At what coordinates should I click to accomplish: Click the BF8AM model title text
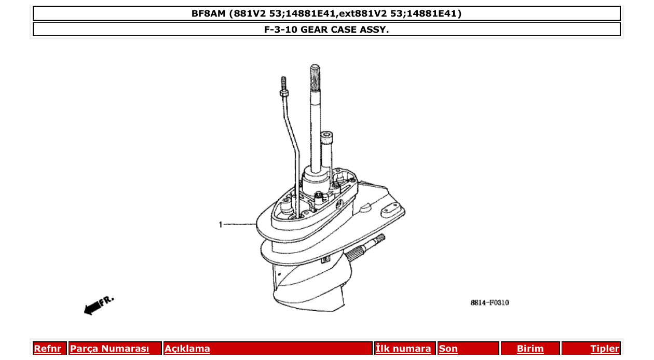(x=326, y=13)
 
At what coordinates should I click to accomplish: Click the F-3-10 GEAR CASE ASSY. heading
(x=326, y=29)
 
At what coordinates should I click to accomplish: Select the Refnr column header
(x=47, y=349)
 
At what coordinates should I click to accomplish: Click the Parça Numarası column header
(x=110, y=349)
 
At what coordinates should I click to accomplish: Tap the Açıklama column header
(x=187, y=349)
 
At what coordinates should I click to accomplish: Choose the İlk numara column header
(x=403, y=349)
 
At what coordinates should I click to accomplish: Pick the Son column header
(x=448, y=349)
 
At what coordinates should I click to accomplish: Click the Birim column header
(x=530, y=349)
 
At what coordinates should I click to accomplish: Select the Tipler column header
(x=605, y=349)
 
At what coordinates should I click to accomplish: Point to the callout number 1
(x=221, y=225)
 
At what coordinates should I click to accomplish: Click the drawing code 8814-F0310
(x=489, y=302)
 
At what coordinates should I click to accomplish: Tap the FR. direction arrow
(x=98, y=305)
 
